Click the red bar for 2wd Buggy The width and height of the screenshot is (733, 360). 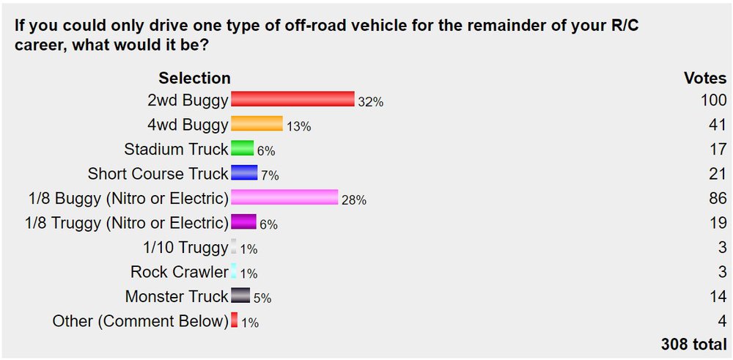(292, 100)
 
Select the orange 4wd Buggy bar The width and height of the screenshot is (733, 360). (257, 124)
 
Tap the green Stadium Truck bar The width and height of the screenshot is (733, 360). (243, 149)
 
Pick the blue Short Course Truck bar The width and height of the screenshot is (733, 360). (244, 173)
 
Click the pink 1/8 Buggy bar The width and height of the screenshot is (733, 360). (284, 198)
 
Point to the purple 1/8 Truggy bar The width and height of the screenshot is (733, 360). (243, 222)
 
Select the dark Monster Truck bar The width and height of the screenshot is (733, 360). (240, 296)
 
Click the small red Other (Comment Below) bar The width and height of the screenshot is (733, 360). (235, 320)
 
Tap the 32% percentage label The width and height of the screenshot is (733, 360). (371, 102)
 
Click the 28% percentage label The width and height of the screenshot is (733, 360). (353, 199)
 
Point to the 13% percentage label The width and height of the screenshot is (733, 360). (298, 126)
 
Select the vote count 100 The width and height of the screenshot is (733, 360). (713, 100)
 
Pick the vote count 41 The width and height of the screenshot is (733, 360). (719, 124)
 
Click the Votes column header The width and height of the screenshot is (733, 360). (705, 78)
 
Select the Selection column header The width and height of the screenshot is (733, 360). (194, 78)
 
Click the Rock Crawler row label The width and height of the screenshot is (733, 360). (180, 271)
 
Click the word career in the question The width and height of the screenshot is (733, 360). (37, 45)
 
